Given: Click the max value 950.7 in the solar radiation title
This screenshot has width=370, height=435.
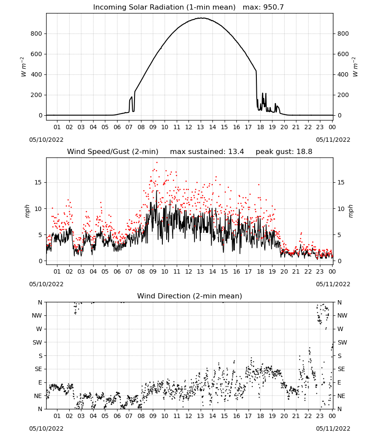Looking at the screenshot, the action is coord(273,7).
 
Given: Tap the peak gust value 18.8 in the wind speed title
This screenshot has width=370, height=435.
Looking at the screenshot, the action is coord(305,152).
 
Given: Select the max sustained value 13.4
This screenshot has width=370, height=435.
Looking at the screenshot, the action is coord(236,152).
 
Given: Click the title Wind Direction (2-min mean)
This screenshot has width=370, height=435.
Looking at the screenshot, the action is coord(190,296).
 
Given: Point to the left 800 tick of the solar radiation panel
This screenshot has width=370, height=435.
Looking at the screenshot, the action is coord(37,33).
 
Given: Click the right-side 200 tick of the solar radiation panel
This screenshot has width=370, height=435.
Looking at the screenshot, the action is coord(343,95).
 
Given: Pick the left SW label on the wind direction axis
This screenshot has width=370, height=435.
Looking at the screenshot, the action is coord(37,342).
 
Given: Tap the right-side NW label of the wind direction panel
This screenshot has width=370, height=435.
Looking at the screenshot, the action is coord(342,315).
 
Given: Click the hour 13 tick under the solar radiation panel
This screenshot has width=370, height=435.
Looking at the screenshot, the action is coord(200,127).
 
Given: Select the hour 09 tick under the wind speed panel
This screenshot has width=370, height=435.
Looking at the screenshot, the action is coord(153,271).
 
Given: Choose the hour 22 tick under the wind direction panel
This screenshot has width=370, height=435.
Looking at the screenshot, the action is coord(308,416).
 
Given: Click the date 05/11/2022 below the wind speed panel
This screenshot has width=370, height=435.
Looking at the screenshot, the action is coord(333,284).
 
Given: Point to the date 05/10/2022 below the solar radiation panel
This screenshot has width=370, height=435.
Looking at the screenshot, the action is coord(46,140).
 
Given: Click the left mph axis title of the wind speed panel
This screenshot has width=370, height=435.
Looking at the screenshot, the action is coord(27,211).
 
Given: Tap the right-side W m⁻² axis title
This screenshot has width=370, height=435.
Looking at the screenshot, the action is coord(355,67).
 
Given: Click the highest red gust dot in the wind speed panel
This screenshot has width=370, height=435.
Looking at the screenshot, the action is coord(157,162).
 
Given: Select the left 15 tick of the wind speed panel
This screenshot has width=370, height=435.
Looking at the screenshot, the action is coord(38,182).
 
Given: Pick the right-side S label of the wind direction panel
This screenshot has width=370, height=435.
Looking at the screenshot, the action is coord(340,356).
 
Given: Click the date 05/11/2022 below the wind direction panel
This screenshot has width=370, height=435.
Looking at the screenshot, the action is coord(333,428).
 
